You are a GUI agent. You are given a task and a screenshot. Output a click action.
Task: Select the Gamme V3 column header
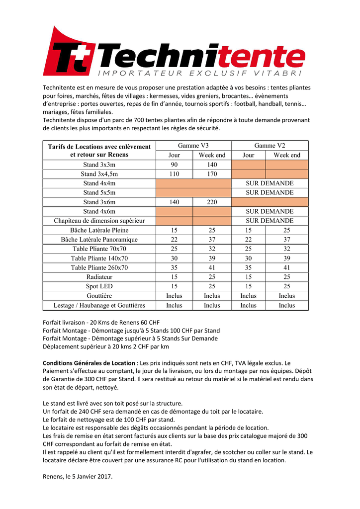pyautogui.click(x=193, y=146)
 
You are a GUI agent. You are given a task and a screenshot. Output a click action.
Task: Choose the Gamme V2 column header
pyautogui.click(x=270, y=146)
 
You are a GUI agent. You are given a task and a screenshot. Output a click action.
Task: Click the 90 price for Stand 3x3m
pyautogui.click(x=174, y=165)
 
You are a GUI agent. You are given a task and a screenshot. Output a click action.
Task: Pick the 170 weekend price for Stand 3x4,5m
pyautogui.click(x=212, y=174)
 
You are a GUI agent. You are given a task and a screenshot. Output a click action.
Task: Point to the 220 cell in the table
pyautogui.click(x=212, y=202)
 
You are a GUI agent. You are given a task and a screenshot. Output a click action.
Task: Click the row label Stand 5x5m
pyautogui.click(x=99, y=192)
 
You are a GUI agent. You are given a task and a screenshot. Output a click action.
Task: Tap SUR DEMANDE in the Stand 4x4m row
pyautogui.click(x=270, y=183)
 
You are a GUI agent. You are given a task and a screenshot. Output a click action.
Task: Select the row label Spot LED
pyautogui.click(x=99, y=286)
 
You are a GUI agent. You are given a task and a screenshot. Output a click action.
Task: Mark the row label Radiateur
pyautogui.click(x=99, y=277)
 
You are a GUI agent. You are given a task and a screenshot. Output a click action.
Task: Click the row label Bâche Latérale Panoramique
pyautogui.click(x=99, y=240)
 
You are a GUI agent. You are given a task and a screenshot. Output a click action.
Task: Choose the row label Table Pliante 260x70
pyautogui.click(x=99, y=267)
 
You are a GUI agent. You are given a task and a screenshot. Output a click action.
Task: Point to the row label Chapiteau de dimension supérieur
pyautogui.click(x=99, y=221)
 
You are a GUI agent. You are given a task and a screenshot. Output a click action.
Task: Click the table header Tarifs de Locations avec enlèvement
pyautogui.click(x=99, y=147)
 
